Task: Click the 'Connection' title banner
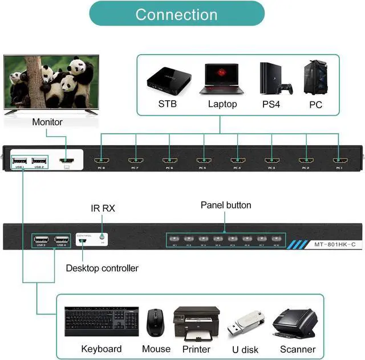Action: pos(177,14)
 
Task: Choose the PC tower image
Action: pos(315,79)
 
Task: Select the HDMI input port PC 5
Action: pos(202,161)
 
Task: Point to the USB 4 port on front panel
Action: pos(62,240)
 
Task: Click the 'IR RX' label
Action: pos(103,208)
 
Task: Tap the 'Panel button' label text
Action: pos(226,205)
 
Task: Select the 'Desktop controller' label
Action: pos(102,268)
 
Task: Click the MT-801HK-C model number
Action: pos(336,245)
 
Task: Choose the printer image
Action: pos(196,322)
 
